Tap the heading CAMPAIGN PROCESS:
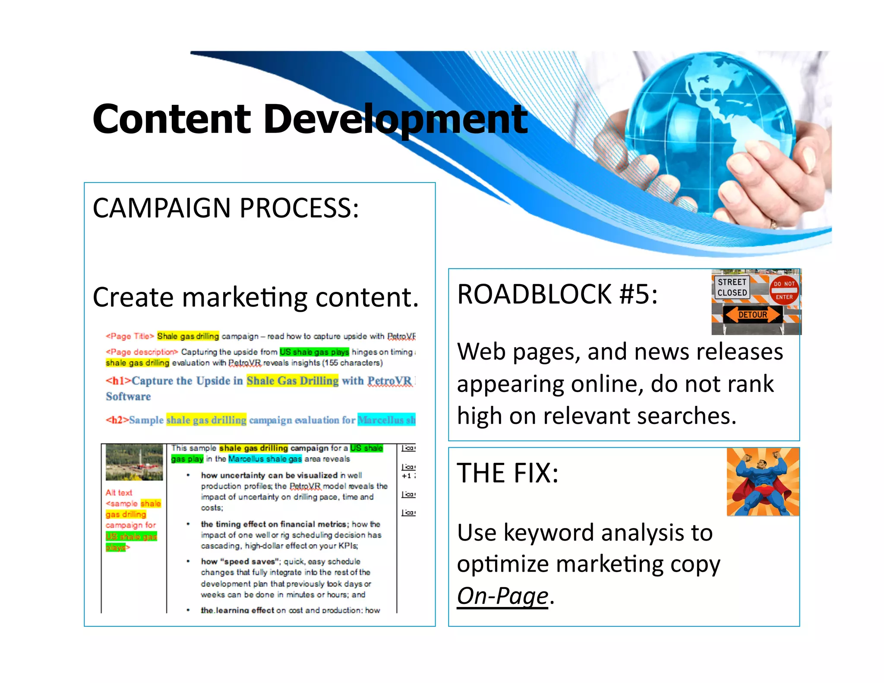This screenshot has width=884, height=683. (225, 208)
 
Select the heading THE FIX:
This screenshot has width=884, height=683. (508, 473)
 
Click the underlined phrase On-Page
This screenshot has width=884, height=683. (502, 596)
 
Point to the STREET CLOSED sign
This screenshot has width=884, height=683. (732, 288)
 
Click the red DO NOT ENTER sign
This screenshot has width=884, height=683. (784, 290)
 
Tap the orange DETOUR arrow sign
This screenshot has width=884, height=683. (752, 315)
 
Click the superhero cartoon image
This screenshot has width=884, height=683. (763, 482)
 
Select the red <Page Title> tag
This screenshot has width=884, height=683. (129, 336)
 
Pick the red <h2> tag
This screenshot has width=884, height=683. (117, 420)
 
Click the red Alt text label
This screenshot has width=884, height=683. (119, 493)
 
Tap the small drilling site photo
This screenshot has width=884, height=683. (134, 462)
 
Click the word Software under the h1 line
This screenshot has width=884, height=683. (128, 397)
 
